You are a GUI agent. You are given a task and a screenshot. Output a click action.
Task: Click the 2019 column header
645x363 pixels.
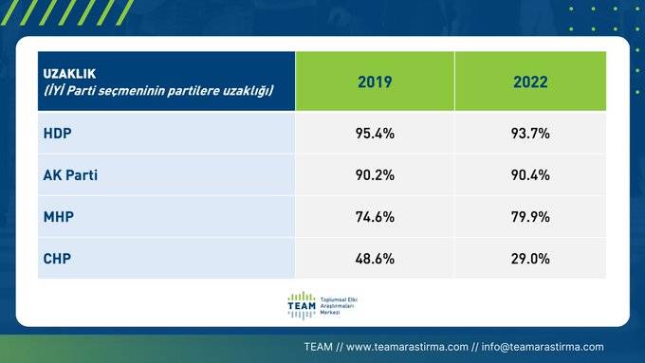[x=375, y=82]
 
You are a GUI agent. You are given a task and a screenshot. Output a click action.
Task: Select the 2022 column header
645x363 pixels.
[x=530, y=82]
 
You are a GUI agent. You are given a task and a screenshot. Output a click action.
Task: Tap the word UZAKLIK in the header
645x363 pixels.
[x=69, y=73]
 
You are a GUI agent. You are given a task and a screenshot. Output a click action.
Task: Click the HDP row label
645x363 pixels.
[x=58, y=134]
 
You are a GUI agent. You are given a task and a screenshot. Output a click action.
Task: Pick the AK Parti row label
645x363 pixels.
[x=71, y=175]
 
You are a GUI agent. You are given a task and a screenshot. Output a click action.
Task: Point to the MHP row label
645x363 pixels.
[x=59, y=217]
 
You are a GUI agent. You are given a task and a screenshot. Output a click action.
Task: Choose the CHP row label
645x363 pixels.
[x=58, y=258]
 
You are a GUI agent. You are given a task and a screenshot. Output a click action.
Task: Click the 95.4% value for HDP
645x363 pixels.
[x=375, y=134]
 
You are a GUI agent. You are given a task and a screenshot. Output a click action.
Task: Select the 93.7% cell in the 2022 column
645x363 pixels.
[x=530, y=134]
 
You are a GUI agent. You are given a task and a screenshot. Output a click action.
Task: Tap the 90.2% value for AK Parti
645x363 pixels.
[x=375, y=175]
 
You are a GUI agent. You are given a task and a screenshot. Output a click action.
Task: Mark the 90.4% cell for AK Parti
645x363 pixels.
[x=530, y=175]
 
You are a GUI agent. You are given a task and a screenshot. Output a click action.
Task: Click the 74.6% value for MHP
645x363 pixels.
[x=375, y=217]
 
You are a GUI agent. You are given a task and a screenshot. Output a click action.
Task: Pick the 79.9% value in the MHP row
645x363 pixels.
[x=530, y=217]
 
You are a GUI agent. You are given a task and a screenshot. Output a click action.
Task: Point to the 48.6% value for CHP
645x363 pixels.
[x=375, y=258]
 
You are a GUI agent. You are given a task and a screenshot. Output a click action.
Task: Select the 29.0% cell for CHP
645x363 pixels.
[x=530, y=258]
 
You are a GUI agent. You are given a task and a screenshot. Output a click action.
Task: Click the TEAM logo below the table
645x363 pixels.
[x=301, y=306]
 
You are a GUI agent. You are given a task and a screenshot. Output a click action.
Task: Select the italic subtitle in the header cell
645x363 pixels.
[x=158, y=90]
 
